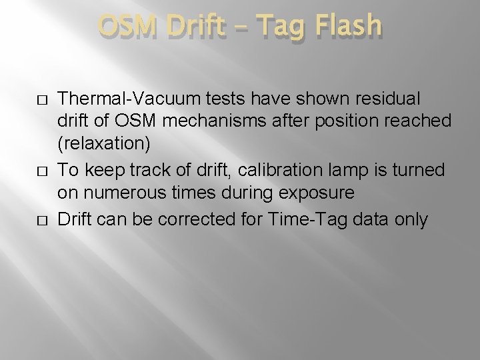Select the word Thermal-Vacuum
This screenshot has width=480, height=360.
click(114, 98)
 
